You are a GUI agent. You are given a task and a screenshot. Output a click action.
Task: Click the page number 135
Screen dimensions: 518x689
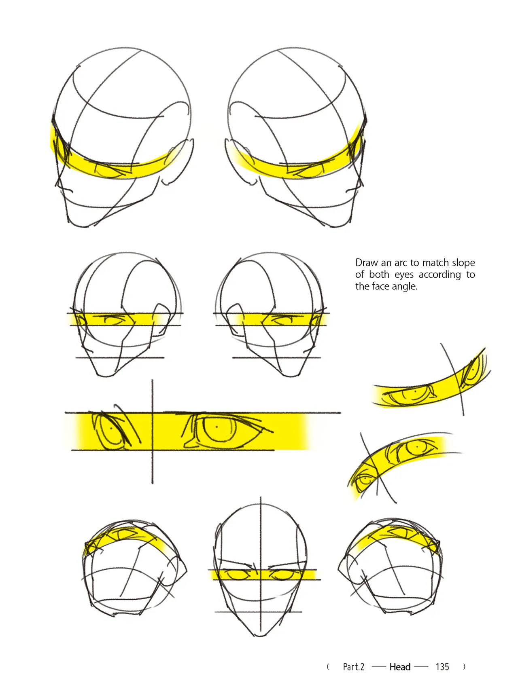(442, 667)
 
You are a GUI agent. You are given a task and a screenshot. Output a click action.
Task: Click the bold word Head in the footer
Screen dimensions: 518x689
(400, 667)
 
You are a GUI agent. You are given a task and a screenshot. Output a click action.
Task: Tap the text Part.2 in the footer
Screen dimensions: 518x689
(354, 667)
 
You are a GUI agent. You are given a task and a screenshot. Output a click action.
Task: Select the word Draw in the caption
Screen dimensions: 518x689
(367, 263)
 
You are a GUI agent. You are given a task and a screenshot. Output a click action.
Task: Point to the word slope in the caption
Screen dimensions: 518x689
(463, 263)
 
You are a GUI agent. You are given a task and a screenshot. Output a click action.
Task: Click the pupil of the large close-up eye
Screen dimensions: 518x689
(217, 427)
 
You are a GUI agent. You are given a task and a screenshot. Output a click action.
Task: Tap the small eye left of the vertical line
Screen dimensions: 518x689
(110, 429)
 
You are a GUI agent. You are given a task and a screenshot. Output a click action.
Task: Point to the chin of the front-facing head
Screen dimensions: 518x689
(260, 634)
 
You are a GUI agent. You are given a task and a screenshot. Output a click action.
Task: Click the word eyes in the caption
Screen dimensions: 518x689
(403, 275)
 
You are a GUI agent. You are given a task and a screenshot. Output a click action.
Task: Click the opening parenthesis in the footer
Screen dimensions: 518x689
(328, 667)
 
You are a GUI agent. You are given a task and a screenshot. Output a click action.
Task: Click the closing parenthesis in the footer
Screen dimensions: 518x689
(464, 667)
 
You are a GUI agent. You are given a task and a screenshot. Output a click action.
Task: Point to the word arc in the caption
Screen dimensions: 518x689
(401, 263)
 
